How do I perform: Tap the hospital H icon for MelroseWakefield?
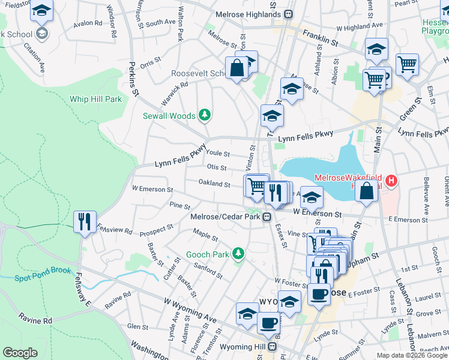[x=391, y=179]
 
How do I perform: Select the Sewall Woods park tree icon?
[x=205, y=115]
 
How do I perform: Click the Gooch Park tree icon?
[x=238, y=254]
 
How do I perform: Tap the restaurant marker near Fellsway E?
[x=85, y=221]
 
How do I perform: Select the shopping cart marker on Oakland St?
[x=256, y=185]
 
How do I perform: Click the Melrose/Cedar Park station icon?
[x=265, y=217]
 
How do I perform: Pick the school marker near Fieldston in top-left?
[x=41, y=11]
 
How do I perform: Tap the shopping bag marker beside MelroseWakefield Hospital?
[x=367, y=191]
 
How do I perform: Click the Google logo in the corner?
[x=20, y=352]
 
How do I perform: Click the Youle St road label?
[x=218, y=154]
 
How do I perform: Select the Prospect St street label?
[x=157, y=228]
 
